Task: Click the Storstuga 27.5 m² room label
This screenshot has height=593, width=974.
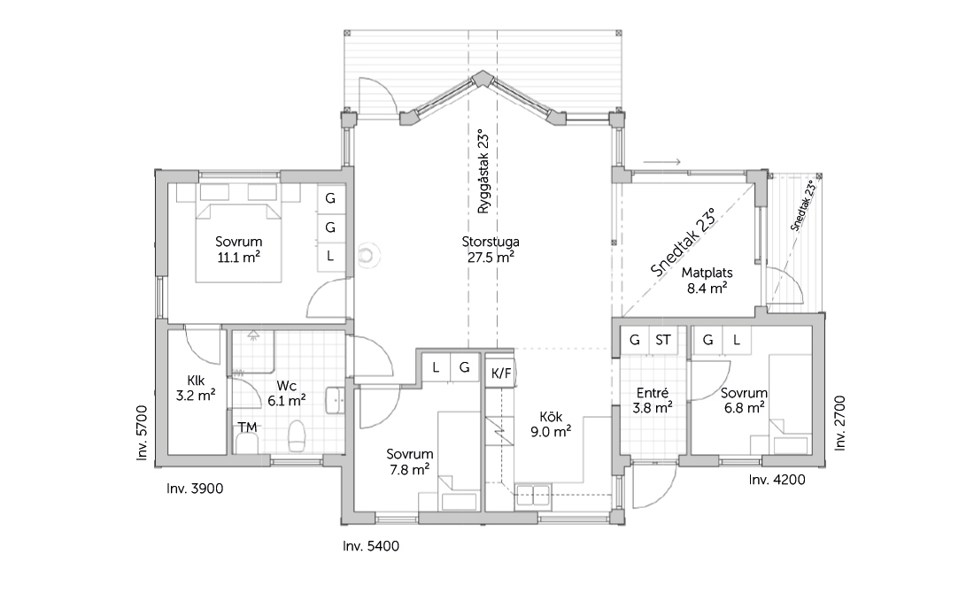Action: [x=491, y=250]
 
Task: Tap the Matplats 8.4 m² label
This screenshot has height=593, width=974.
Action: [x=707, y=280]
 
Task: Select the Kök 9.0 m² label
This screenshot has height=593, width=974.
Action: [x=551, y=424]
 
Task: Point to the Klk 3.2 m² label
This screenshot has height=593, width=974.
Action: [x=196, y=388]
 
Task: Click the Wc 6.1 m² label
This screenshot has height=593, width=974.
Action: [x=286, y=393]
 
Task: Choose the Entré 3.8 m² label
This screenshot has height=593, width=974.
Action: [x=653, y=401]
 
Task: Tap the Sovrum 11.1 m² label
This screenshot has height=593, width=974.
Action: [x=238, y=249]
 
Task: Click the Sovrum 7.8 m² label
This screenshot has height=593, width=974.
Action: [x=409, y=462]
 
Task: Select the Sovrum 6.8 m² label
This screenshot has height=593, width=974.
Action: [x=744, y=401]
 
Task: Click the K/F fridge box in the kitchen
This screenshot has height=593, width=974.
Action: [x=500, y=374]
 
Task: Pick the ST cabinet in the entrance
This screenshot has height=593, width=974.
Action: [x=663, y=340]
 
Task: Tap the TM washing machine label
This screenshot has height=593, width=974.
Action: [x=247, y=427]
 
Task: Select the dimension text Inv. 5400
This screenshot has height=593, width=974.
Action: [x=371, y=546]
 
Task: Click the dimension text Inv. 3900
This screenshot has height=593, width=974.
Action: [x=195, y=489]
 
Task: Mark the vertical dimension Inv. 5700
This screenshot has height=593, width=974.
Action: [x=143, y=433]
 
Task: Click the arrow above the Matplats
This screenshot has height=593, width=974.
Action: [x=661, y=162]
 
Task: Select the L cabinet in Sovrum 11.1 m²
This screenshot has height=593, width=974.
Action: [x=330, y=256]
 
